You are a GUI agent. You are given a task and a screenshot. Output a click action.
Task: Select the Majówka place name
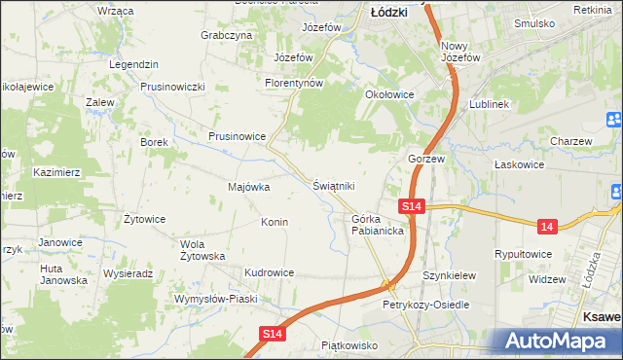click(248, 186)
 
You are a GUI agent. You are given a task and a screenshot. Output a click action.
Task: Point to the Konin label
click(274, 222)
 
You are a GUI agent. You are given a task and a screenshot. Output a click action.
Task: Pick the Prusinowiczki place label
click(172, 87)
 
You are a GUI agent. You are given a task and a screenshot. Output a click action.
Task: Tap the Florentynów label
click(294, 83)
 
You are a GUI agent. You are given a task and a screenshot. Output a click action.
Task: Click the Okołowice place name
click(389, 94)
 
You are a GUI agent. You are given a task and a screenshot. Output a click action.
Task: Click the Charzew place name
click(570, 141)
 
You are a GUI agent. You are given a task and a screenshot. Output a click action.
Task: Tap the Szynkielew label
click(450, 275)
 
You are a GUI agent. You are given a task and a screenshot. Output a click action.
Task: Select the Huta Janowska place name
click(63, 273)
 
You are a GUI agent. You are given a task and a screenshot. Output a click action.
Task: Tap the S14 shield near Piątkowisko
click(274, 334)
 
